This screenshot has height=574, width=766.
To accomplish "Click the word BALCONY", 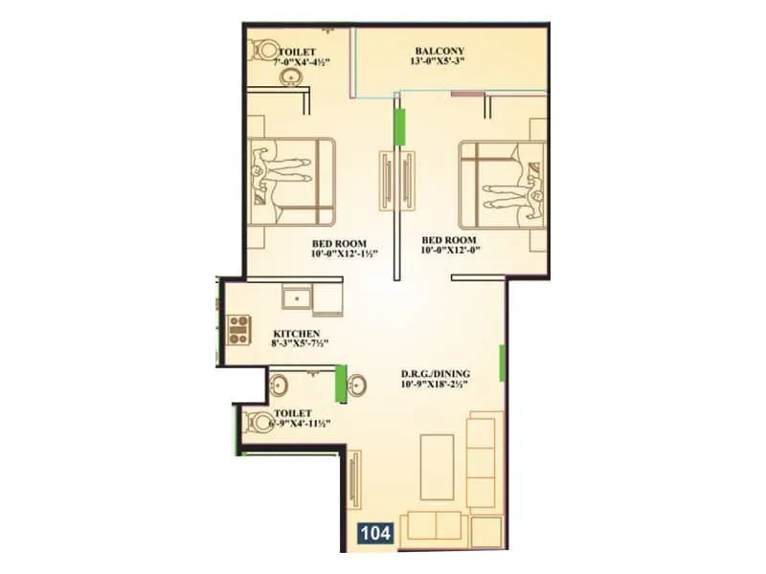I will [439, 51].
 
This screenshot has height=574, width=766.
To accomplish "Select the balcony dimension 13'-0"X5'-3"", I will [439, 64].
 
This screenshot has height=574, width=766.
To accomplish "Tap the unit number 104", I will [375, 534].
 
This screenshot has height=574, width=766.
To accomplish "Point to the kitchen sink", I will [298, 298].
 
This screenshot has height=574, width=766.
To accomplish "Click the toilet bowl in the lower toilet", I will [257, 421].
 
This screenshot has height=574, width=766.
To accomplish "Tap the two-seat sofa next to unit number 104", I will [433, 525].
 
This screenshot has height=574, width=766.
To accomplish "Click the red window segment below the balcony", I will [464, 94].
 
